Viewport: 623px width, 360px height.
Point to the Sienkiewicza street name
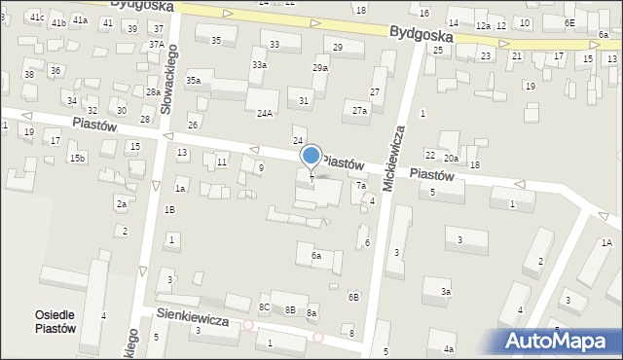click(193, 318)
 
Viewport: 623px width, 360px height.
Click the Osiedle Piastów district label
click(55, 321)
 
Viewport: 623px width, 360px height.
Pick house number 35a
click(194, 81)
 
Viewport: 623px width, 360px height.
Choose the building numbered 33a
click(259, 64)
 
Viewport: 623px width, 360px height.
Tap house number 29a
click(320, 68)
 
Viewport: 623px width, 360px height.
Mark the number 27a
click(360, 111)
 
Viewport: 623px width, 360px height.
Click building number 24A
click(264, 113)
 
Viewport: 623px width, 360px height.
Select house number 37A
click(156, 44)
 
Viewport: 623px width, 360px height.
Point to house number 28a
click(153, 91)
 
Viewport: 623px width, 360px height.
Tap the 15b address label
click(77, 158)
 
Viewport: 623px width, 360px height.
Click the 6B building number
click(354, 296)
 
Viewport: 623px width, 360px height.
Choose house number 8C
click(264, 307)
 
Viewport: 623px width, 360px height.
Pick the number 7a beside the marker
click(360, 186)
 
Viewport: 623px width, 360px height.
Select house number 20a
click(451, 158)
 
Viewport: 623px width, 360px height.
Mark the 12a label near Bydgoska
click(483, 25)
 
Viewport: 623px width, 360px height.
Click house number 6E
click(570, 22)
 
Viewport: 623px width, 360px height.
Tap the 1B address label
click(169, 209)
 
